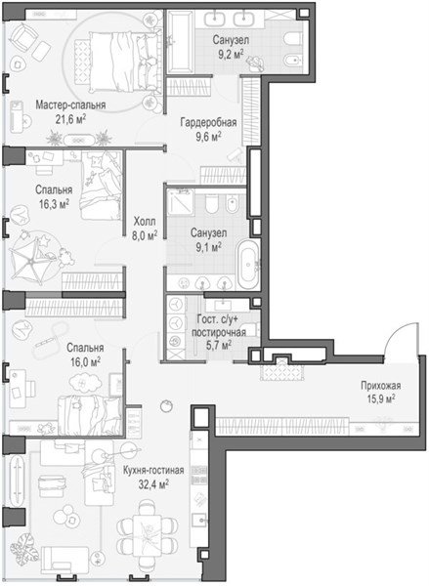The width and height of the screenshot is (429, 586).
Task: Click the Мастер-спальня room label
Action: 70,105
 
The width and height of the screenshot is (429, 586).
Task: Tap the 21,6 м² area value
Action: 70,119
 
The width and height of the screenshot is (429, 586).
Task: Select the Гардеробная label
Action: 208,122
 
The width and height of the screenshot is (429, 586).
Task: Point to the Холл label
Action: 145,222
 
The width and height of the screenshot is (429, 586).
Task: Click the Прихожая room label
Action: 381,386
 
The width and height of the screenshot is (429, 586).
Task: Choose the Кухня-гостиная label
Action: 153,470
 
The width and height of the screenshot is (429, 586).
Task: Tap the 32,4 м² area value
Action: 153,484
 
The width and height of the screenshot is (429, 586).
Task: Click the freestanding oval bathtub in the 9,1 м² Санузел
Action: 249,265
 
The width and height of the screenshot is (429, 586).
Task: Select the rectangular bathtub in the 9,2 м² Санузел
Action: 181,41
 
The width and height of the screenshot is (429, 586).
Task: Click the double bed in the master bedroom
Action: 122,62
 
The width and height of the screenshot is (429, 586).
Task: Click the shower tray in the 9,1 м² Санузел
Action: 180,202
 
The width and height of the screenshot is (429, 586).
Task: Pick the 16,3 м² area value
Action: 54,204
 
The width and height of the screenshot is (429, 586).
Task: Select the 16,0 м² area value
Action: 85,362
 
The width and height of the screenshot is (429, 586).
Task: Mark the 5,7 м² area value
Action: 219,345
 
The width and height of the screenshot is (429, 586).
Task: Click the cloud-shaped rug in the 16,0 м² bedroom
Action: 85,383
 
